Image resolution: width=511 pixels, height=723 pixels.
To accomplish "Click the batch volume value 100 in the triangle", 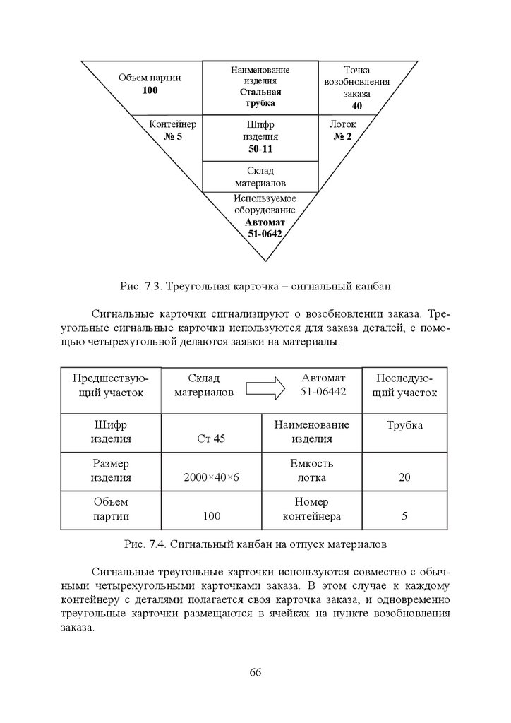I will [x=150, y=90].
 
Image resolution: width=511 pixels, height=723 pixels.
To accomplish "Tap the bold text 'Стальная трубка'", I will [x=260, y=97].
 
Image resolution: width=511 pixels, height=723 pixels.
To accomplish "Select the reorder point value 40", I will [x=356, y=106].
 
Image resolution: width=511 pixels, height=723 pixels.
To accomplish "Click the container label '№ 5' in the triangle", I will [x=173, y=136].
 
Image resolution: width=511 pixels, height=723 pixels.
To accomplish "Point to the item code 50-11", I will [x=260, y=149].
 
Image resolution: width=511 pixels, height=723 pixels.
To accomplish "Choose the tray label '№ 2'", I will [x=342, y=136].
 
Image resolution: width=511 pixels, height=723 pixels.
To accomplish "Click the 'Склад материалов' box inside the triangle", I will [x=260, y=177].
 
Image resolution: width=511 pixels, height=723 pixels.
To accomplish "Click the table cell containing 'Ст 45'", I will [x=211, y=438].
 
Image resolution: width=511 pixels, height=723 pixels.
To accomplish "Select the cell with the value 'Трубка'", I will [x=404, y=425].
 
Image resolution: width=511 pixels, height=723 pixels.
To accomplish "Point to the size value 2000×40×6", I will [x=211, y=477].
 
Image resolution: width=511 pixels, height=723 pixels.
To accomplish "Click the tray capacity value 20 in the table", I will [x=404, y=477].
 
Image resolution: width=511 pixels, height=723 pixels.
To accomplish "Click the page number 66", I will [x=255, y=671].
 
